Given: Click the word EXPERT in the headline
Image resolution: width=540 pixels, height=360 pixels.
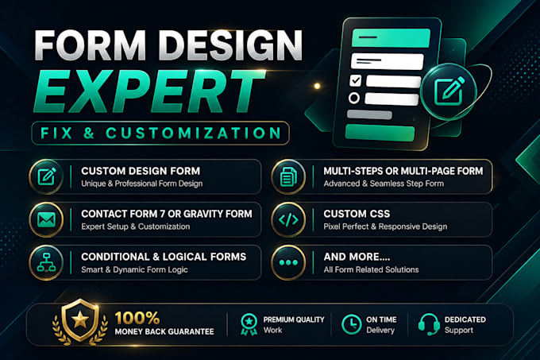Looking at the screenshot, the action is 150,91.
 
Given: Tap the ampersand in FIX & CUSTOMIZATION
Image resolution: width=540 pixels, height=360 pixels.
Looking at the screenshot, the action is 88,133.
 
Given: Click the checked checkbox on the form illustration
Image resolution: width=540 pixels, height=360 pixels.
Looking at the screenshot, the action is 356,80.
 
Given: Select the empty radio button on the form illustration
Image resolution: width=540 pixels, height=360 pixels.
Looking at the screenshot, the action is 353,99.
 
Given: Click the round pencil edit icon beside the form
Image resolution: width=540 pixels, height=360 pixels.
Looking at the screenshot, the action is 449,91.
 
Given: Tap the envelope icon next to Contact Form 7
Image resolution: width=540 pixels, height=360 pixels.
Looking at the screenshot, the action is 47,219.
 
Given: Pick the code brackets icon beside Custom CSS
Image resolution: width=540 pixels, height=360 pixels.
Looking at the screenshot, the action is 288,219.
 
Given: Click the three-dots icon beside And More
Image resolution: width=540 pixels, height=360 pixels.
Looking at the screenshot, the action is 288,262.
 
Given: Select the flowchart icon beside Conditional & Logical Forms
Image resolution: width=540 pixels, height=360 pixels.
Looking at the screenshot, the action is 47,262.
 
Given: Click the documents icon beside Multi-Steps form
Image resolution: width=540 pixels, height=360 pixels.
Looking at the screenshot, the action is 288,176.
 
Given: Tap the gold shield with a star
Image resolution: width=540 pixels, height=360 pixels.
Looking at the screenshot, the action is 80,320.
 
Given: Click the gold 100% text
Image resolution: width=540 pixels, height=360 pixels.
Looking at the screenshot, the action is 137,318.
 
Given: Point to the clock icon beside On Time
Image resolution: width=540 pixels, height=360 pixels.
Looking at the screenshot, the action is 351,324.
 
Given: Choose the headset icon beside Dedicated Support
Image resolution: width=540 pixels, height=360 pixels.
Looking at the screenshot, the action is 429,324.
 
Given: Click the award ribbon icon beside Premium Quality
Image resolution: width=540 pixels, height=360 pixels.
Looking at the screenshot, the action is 249,324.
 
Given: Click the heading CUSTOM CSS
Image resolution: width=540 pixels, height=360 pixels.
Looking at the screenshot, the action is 357,214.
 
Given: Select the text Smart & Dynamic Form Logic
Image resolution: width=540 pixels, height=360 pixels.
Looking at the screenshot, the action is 135,269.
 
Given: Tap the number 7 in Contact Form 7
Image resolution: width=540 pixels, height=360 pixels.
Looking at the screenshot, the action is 162,214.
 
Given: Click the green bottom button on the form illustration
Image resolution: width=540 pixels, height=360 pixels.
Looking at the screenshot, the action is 380,133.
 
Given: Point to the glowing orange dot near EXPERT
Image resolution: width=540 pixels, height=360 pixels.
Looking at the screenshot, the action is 317,86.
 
